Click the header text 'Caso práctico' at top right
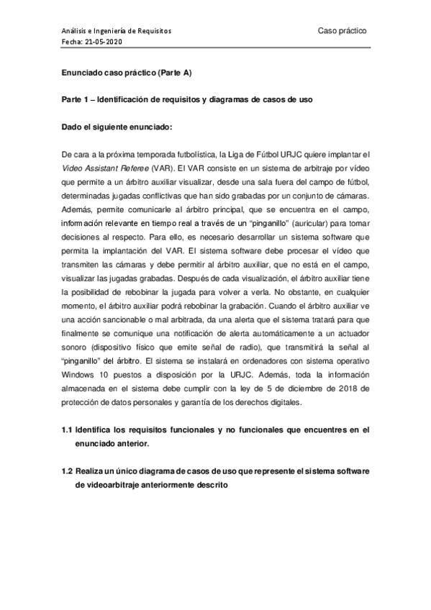point(342,31)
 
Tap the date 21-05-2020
point(104,42)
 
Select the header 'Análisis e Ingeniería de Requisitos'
point(116,32)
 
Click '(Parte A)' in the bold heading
point(171,73)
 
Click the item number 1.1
point(68,431)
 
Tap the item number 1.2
point(68,471)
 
